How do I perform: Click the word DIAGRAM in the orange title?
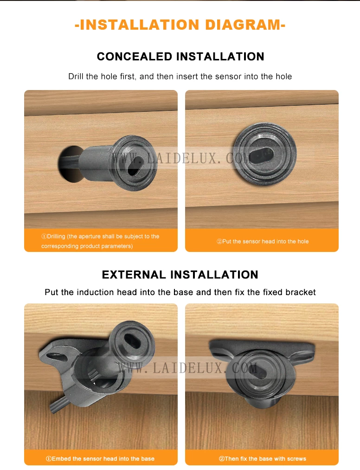pyautogui.click(x=243, y=25)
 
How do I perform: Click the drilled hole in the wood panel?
pyautogui.click(x=69, y=164)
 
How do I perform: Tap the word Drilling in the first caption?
pyautogui.click(x=56, y=236)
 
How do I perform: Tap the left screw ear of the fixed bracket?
pyautogui.click(x=219, y=351)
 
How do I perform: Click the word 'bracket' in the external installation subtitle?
pyautogui.click(x=301, y=292)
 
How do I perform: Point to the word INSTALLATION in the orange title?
pyautogui.click(x=140, y=25)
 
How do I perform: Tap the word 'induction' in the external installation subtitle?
pyautogui.click(x=96, y=292)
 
